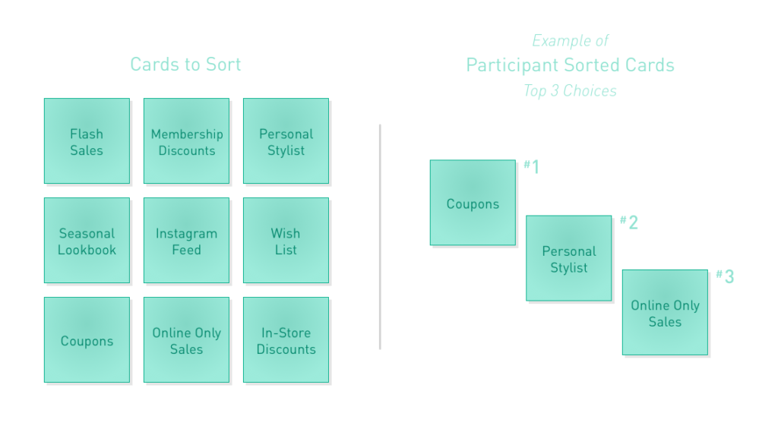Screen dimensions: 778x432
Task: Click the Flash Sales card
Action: pyautogui.click(x=87, y=141)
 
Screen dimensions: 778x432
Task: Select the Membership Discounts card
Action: pyautogui.click(x=187, y=141)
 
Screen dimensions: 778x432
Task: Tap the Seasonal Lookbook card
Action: pyautogui.click(x=87, y=241)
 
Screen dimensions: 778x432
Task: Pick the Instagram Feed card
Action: pyautogui.click(x=187, y=241)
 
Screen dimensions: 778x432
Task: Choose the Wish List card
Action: pyautogui.click(x=286, y=241)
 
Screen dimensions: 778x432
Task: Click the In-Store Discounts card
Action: pyautogui.click(x=286, y=339)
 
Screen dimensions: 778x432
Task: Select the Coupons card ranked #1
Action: pyautogui.click(x=473, y=203)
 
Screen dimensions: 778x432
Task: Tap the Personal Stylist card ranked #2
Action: pyautogui.click(x=568, y=258)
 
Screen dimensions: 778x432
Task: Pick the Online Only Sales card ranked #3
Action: pyautogui.click(x=665, y=313)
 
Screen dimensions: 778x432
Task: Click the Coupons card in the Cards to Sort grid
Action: pyautogui.click(x=87, y=339)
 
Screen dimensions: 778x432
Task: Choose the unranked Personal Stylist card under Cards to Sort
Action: pyautogui.click(x=286, y=141)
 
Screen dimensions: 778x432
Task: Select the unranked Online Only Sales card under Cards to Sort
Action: pyautogui.click(x=187, y=339)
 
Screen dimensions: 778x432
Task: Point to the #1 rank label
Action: pyautogui.click(x=531, y=166)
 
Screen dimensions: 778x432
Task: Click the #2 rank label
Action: pyautogui.click(x=628, y=222)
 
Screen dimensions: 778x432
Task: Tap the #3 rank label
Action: pyautogui.click(x=725, y=277)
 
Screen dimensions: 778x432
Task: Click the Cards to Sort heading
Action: pyautogui.click(x=185, y=65)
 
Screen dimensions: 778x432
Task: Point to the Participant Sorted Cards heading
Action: pyautogui.click(x=570, y=65)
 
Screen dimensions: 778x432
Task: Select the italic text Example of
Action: pyautogui.click(x=570, y=41)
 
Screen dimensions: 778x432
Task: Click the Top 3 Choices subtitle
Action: pyautogui.click(x=570, y=91)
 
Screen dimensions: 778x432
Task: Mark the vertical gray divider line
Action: pyautogui.click(x=380, y=237)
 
